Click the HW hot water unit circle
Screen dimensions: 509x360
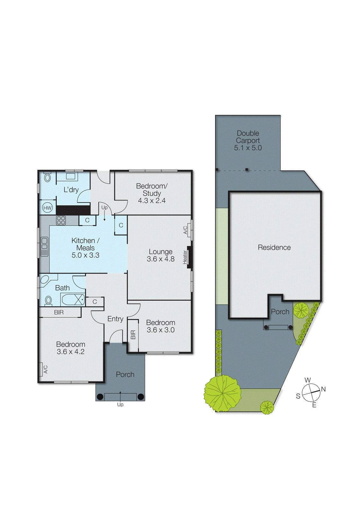coord(47,208)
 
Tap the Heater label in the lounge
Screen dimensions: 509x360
coord(185,257)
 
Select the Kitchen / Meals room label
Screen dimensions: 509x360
coord(85,248)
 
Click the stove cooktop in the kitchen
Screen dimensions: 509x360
coord(61,220)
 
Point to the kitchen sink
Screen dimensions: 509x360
coord(44,246)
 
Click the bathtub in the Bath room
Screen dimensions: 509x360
coord(73,299)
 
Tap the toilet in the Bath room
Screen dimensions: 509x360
coord(48,300)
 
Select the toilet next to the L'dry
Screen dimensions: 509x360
coord(47,178)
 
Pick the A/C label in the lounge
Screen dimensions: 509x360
coord(186,230)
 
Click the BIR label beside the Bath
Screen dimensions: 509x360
coord(59,312)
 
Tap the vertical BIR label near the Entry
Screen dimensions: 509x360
coord(133,335)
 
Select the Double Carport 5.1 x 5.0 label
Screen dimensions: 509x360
coord(248,140)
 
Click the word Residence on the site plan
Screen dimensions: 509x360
coord(274,248)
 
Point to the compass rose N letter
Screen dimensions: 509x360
coord(323,389)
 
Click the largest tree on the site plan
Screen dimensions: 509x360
coord(222,393)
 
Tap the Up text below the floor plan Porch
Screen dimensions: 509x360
coord(120,405)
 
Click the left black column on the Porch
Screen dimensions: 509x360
coord(100,397)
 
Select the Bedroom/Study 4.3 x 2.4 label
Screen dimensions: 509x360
coord(152,193)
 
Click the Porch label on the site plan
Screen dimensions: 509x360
coord(280,312)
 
